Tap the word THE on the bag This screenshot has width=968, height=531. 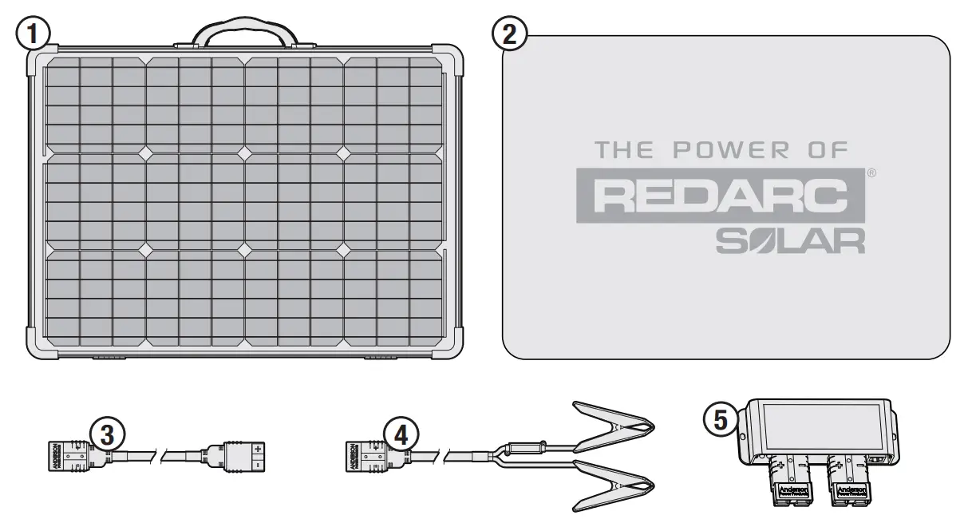[x=624, y=149]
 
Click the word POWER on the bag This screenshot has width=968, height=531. [x=733, y=149]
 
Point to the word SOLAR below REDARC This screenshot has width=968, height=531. [x=790, y=240]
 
